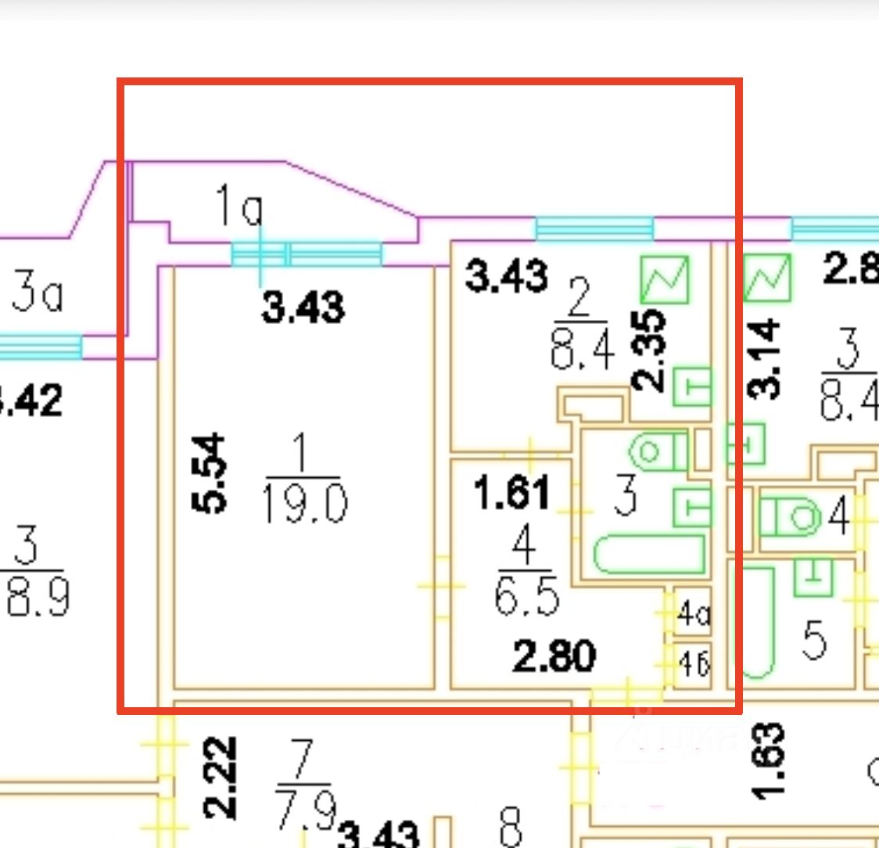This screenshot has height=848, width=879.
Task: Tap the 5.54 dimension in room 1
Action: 210,475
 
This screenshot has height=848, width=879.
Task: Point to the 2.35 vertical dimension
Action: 649,350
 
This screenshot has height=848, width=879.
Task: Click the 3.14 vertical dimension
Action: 763,359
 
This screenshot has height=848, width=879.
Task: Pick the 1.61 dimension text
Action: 512,493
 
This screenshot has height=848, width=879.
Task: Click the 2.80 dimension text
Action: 554,656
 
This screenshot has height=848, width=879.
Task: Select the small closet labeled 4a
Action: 693,615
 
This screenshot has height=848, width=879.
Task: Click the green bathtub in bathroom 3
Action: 649,554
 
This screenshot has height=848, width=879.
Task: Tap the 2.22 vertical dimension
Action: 220,775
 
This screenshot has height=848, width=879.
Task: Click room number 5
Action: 813,641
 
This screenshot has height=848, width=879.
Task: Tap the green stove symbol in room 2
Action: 665,280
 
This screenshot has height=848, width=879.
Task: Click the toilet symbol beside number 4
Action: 788,517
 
